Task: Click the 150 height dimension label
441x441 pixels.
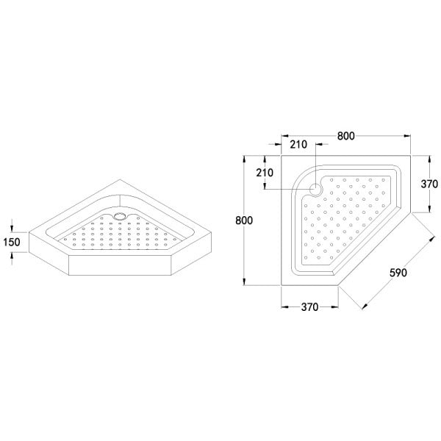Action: (x=12, y=242)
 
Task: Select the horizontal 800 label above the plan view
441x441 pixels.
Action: (x=346, y=136)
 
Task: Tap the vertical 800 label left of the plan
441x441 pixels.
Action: (x=244, y=220)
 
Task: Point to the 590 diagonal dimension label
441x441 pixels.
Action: (x=398, y=273)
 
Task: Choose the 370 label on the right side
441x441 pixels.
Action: (x=429, y=184)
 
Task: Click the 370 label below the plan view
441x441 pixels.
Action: (x=309, y=307)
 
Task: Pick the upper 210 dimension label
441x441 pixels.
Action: (x=298, y=145)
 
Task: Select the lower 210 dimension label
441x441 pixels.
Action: (x=265, y=173)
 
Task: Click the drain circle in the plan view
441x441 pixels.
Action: (x=315, y=189)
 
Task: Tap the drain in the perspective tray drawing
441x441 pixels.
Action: (x=120, y=216)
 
